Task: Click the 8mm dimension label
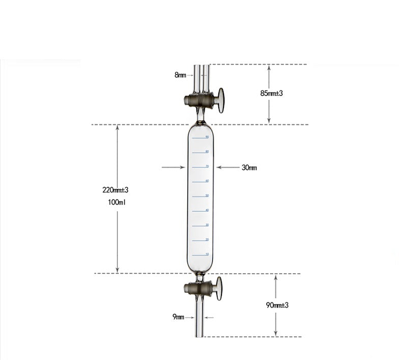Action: (x=180, y=75)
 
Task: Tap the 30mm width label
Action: (x=249, y=168)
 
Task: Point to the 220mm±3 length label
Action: (x=116, y=190)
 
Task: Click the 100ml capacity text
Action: (x=117, y=202)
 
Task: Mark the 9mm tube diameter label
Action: (x=178, y=317)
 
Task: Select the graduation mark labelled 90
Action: (x=200, y=137)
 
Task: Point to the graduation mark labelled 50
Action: (x=200, y=196)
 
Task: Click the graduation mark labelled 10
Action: (x=200, y=254)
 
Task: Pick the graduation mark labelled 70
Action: (x=200, y=167)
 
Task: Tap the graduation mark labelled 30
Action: (x=200, y=225)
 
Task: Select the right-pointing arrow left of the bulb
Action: (x=173, y=167)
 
